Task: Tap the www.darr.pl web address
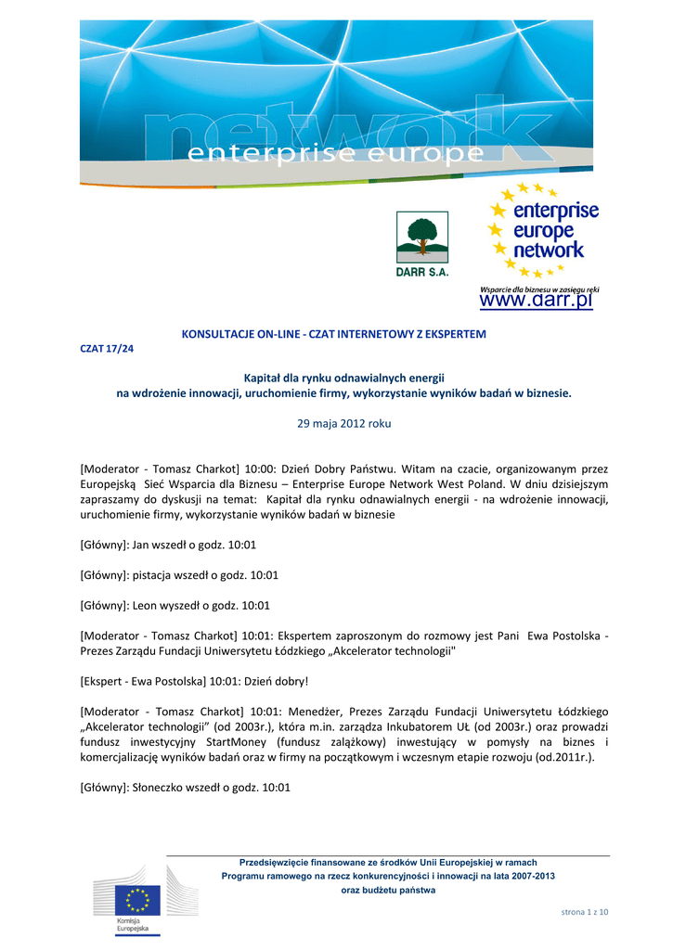tap(536, 302)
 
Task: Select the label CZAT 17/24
tap(108, 349)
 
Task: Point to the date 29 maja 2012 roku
tap(343, 423)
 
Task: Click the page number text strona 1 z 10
tap(585, 912)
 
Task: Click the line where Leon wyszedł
tap(175, 605)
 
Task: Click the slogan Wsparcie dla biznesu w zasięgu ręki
tap(538, 289)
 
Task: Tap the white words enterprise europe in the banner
tap(336, 153)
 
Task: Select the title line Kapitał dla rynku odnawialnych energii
tap(344, 378)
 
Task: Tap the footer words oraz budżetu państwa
tap(388, 890)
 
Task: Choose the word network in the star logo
tap(550, 250)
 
